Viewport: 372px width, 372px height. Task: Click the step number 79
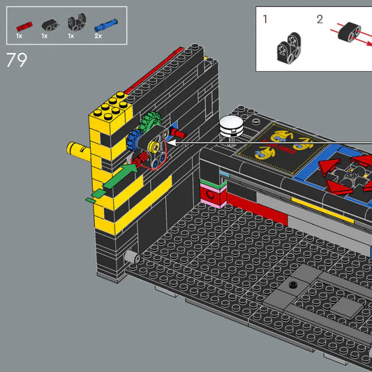[x=16, y=60]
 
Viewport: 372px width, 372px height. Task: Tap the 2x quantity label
[x=98, y=35]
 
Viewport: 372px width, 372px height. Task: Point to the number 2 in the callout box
[x=320, y=19]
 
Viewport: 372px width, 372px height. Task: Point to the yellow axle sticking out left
[x=75, y=148]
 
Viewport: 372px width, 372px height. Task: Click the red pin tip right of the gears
[x=179, y=132]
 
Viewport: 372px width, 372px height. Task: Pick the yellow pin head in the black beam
[x=152, y=147]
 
